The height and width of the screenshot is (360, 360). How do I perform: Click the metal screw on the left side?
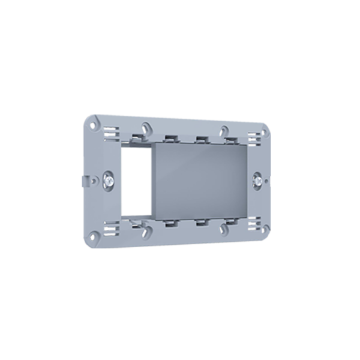109,179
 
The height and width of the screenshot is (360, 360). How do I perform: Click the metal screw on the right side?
257,179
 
